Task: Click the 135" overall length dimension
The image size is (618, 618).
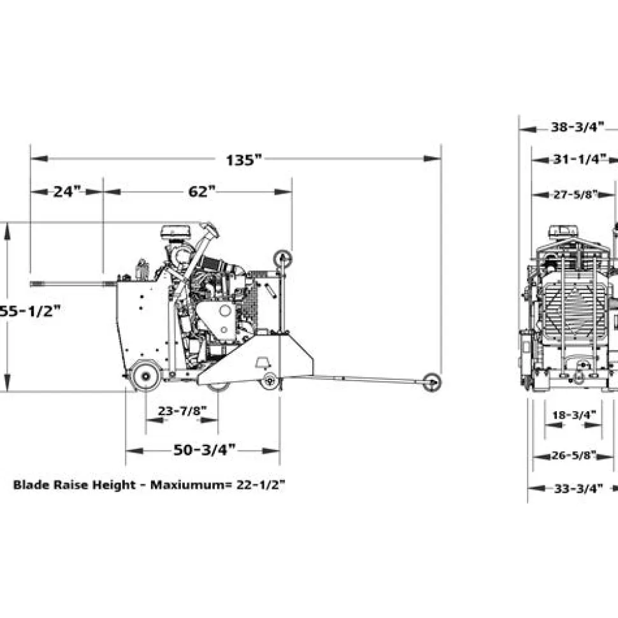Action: coord(243,160)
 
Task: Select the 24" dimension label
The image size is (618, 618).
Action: coord(67,192)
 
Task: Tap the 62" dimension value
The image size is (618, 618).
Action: coord(202,192)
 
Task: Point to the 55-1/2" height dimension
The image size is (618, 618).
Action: coord(30,300)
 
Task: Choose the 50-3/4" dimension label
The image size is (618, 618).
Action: coord(205,450)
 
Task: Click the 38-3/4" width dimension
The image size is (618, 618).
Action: coord(577,127)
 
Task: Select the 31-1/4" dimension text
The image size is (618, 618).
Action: coord(579,159)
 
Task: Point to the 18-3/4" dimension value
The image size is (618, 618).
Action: coord(574,415)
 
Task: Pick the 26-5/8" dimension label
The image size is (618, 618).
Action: coord(573,456)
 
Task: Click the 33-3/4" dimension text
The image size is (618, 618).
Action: coord(578,489)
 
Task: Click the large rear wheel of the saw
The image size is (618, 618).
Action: coord(146,376)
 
